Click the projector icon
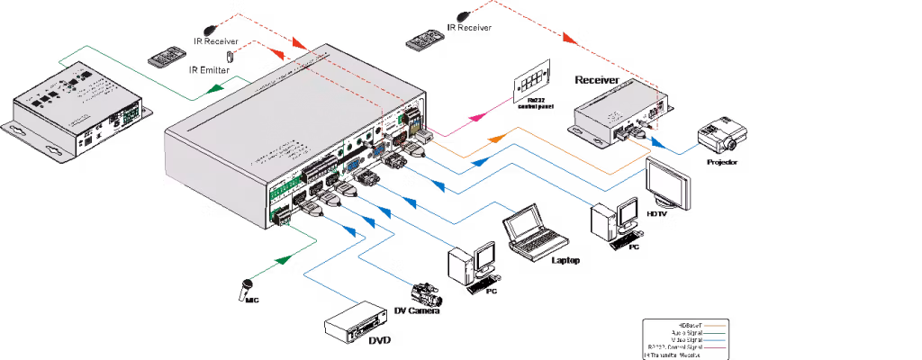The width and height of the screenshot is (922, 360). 724,138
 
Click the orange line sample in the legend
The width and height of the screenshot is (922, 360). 711,322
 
